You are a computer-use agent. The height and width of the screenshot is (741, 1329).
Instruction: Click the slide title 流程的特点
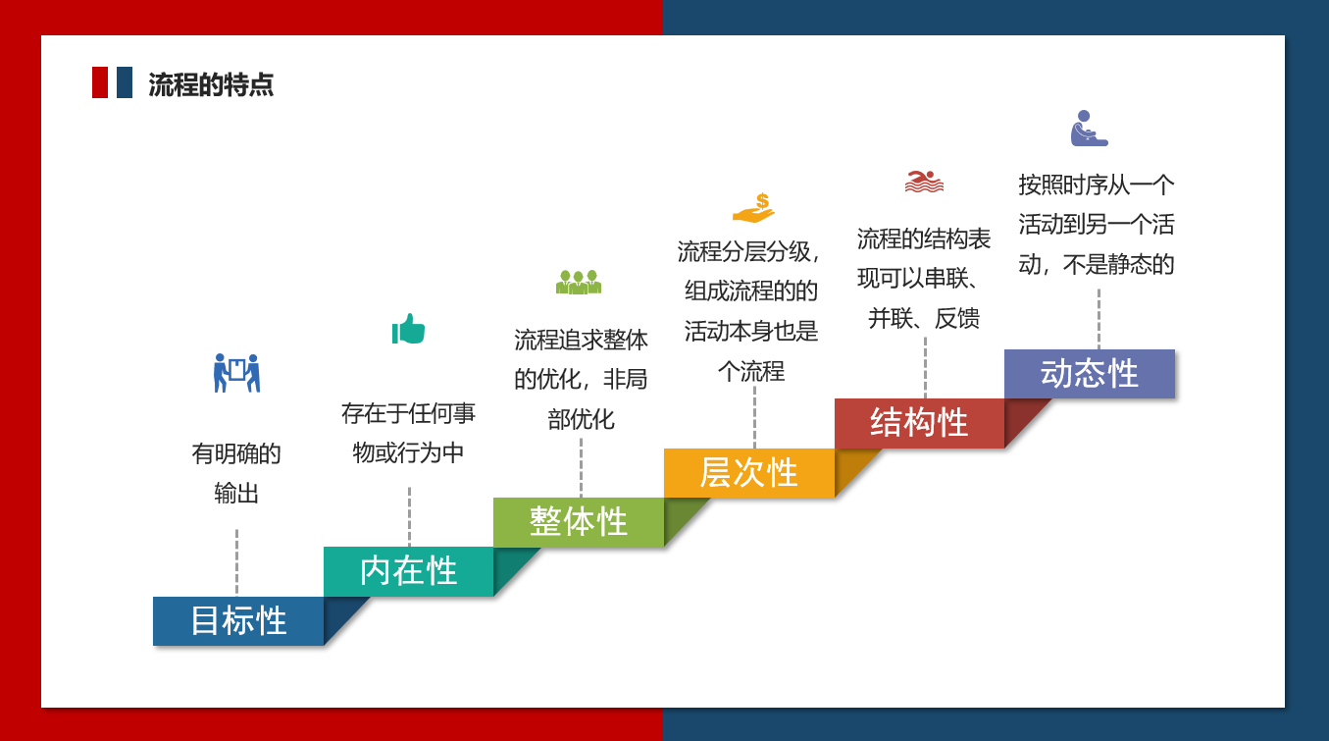click(x=211, y=84)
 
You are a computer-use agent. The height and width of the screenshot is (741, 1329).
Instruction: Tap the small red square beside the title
click(x=100, y=82)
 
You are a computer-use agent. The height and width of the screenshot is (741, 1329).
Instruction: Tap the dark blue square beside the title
click(x=125, y=82)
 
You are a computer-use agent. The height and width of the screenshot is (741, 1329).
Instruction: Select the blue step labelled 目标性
click(x=238, y=621)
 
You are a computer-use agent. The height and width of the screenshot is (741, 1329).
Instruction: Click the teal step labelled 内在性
click(x=408, y=571)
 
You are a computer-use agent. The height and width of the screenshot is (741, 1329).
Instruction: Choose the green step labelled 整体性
click(x=579, y=522)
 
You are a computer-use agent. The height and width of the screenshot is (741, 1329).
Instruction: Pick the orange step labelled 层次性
click(x=748, y=473)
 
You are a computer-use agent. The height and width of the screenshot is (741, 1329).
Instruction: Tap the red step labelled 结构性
click(x=919, y=423)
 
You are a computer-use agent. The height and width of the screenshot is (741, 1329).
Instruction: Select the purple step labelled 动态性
click(x=1090, y=374)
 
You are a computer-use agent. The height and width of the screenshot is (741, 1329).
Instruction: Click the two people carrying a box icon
click(x=236, y=373)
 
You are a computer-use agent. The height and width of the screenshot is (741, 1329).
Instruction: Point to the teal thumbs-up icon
click(x=408, y=329)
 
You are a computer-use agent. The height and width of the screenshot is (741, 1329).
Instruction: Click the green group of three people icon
click(x=579, y=282)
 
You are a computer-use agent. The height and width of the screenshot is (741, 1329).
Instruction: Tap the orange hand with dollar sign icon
click(x=753, y=208)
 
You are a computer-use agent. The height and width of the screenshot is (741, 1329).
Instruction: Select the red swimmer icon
click(x=924, y=182)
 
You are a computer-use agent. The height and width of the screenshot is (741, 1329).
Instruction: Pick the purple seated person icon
click(x=1089, y=128)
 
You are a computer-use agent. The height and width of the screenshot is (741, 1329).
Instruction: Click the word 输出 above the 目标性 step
click(x=236, y=494)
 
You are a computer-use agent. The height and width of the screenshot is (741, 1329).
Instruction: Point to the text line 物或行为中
click(x=408, y=453)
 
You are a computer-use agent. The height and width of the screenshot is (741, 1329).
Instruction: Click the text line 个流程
click(x=751, y=372)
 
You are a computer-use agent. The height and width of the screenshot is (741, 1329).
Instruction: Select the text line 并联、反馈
click(x=924, y=319)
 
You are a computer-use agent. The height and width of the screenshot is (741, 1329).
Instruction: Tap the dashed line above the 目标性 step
click(x=236, y=561)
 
